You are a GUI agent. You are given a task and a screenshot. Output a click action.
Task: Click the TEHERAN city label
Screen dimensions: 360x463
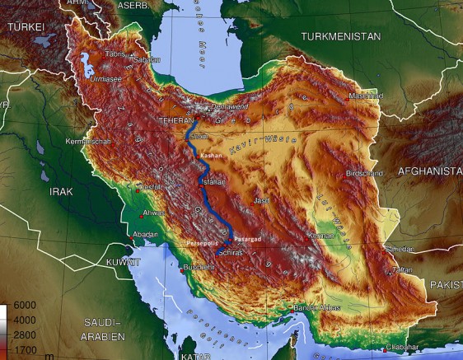[x=175, y=120]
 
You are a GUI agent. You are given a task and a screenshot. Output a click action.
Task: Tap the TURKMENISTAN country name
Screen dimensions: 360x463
[x=340, y=37]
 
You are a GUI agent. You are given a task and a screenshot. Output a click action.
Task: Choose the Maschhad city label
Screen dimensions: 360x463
[x=366, y=96]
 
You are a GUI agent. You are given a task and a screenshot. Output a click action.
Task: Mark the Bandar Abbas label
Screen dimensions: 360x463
[x=316, y=308]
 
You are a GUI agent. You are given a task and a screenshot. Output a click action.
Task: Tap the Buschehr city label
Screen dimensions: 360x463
[x=198, y=268]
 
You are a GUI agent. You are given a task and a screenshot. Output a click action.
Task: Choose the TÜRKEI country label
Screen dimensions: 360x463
[x=25, y=27]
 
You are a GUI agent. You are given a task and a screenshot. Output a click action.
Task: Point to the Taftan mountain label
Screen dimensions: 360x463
[x=401, y=269]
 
